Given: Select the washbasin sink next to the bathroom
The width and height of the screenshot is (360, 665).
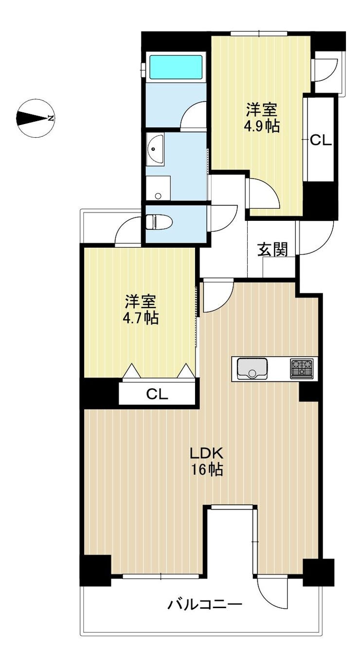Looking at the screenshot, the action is click(x=155, y=148).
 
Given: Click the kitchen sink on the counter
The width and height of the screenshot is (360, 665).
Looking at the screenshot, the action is click(x=252, y=368).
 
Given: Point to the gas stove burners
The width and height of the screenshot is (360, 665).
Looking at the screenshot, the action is click(x=302, y=368).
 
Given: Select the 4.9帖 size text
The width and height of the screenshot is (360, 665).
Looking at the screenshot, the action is click(x=261, y=127).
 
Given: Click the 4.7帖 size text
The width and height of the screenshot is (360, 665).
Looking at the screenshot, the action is click(x=141, y=318).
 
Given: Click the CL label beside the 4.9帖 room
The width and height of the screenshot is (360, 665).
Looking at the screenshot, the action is click(x=321, y=141).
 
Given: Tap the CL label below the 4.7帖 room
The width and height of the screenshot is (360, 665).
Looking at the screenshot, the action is click(x=157, y=394).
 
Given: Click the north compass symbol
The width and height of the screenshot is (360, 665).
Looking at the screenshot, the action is click(x=36, y=118).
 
